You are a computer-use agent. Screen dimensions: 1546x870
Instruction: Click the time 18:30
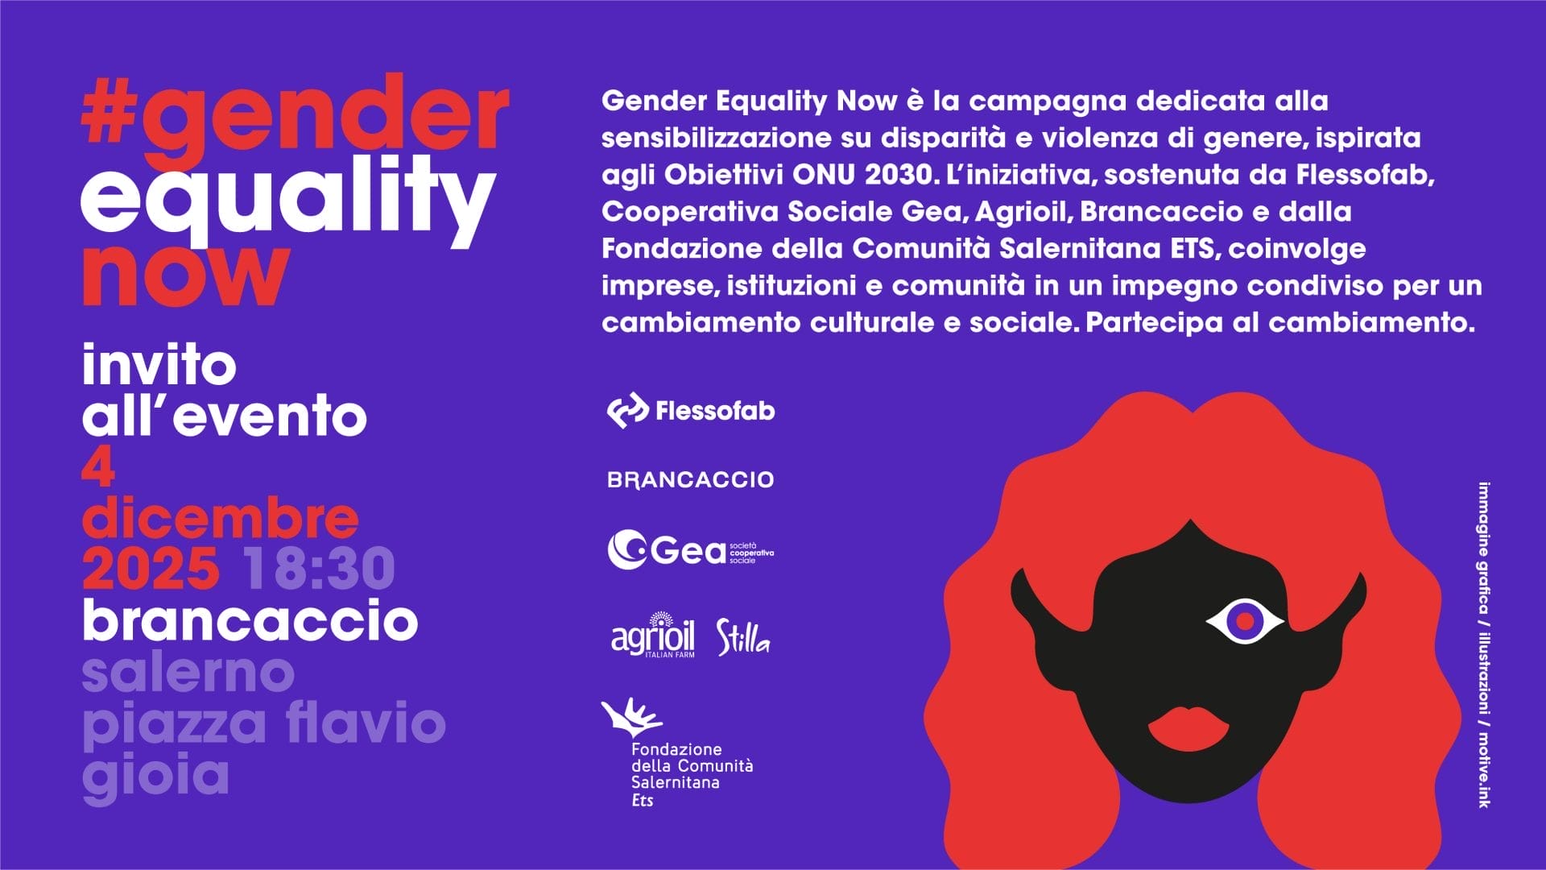click(x=320, y=568)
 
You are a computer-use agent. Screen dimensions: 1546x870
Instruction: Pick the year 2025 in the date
click(x=151, y=568)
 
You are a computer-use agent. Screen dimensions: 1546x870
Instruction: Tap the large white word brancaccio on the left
click(x=250, y=619)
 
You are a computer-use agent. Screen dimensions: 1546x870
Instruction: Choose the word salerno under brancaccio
click(x=188, y=673)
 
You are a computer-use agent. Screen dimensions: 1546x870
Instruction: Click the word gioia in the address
click(x=155, y=775)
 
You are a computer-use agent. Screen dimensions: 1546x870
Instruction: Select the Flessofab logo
click(x=691, y=411)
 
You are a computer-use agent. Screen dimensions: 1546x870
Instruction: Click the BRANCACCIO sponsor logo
click(x=691, y=480)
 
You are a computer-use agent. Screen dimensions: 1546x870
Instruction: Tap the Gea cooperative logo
click(x=691, y=549)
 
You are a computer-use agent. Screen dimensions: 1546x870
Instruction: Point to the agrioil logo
click(x=653, y=636)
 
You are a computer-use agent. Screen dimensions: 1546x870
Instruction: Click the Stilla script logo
click(x=743, y=637)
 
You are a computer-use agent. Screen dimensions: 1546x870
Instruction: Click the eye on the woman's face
click(x=1246, y=620)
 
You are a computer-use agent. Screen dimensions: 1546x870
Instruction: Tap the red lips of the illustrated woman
click(x=1188, y=727)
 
